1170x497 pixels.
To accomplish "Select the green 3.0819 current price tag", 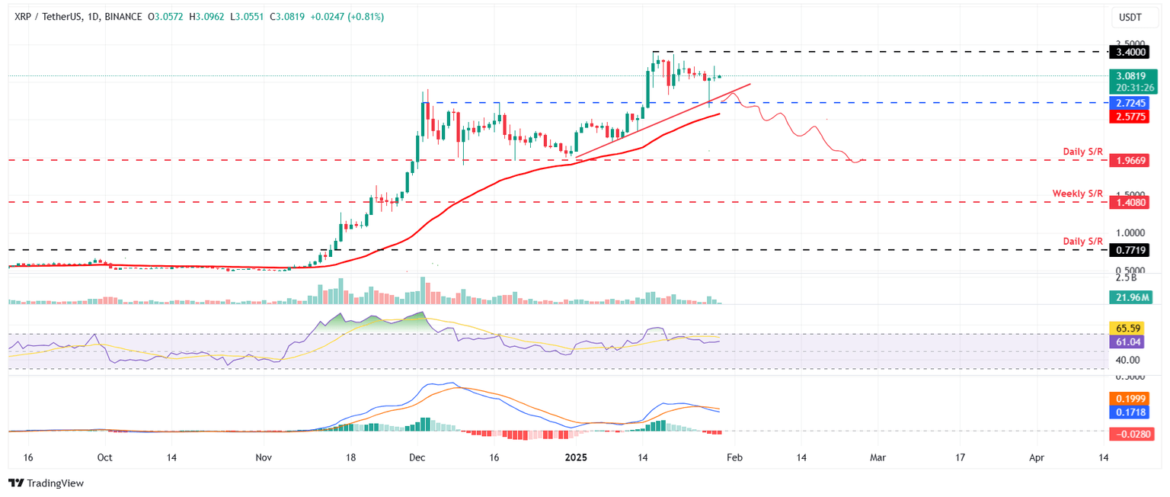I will [1127, 76].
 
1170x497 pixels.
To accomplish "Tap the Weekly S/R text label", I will [1077, 194].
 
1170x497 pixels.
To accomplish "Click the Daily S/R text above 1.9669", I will [1082, 152].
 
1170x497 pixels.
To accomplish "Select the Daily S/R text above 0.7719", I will [1082, 241].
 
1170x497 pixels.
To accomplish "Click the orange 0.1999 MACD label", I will [1127, 398].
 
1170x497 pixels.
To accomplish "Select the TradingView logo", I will [46, 483].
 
